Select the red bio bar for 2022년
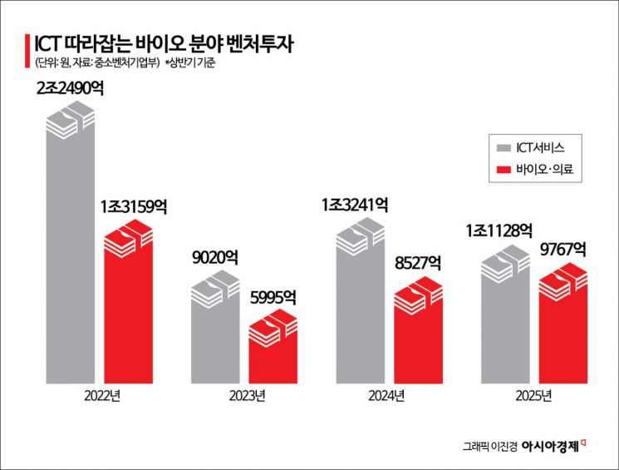(x=129, y=308)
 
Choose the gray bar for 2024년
(x=361, y=308)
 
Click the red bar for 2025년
(x=564, y=324)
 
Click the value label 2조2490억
(x=71, y=87)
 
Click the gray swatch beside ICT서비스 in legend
(x=502, y=148)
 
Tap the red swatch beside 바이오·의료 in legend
(x=502, y=171)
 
